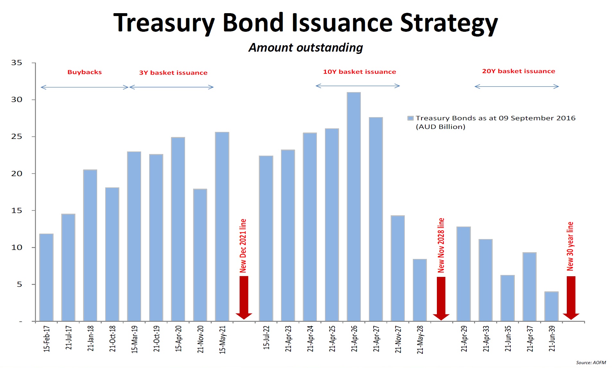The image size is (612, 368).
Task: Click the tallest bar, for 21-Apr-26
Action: (353, 207)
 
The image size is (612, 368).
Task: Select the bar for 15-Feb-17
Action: (46, 278)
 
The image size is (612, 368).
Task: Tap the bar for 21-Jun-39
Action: (551, 306)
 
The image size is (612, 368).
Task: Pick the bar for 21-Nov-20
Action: (200, 255)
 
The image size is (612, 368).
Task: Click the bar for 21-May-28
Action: (420, 290)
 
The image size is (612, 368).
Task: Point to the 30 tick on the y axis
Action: (17, 100)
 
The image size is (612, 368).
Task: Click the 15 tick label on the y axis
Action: (17, 211)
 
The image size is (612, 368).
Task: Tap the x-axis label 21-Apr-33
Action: (486, 339)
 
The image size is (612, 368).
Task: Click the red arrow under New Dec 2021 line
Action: (244, 297)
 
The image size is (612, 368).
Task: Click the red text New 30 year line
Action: (570, 246)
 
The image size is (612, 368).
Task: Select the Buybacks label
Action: (84, 72)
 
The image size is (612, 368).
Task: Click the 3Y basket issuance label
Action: (173, 73)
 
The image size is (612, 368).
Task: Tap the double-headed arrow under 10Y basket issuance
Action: (358, 86)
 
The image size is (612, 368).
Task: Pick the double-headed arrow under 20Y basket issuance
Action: (516, 86)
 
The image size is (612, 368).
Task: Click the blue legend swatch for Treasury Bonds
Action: (410, 118)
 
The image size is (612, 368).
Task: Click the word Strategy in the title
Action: (449, 23)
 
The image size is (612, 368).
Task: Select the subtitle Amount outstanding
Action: (306, 48)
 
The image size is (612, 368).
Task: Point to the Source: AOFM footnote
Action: (591, 363)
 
